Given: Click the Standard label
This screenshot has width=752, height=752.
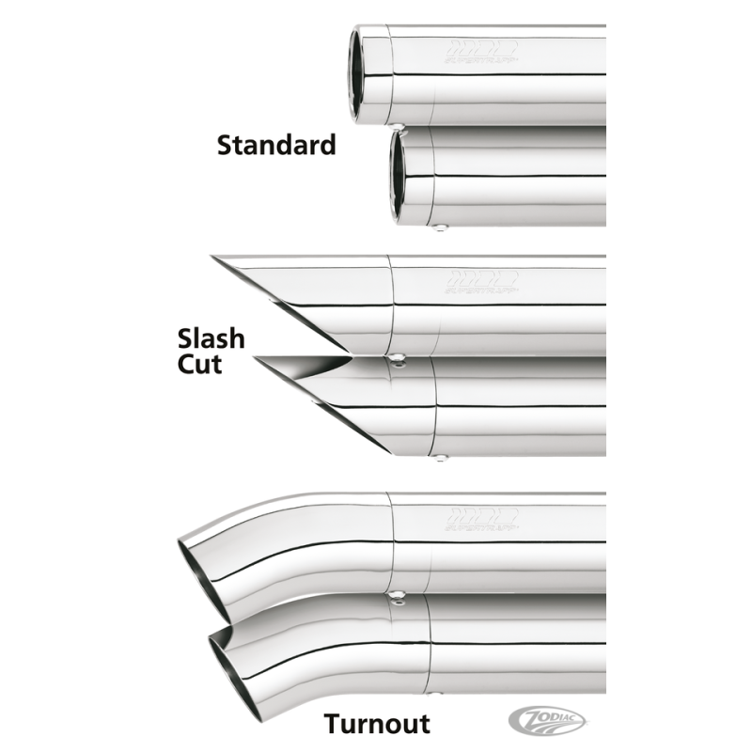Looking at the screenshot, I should click(x=275, y=146).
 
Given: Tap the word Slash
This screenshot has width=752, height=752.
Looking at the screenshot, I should click(x=211, y=338).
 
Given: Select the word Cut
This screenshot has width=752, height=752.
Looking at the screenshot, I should click(x=199, y=364).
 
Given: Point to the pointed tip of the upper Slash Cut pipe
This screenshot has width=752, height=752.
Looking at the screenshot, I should click(x=216, y=259).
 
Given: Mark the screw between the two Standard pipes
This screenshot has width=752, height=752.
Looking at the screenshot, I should click(x=400, y=125).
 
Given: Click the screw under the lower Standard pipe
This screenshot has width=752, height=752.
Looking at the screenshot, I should click(x=441, y=226).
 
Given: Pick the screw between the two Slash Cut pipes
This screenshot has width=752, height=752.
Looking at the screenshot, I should click(x=399, y=358).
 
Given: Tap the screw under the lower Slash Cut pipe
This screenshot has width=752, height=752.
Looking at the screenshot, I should click(x=440, y=458).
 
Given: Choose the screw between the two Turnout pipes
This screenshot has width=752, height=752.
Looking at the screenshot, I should click(x=399, y=595).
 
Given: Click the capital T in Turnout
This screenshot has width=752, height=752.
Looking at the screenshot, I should click(x=333, y=723).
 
